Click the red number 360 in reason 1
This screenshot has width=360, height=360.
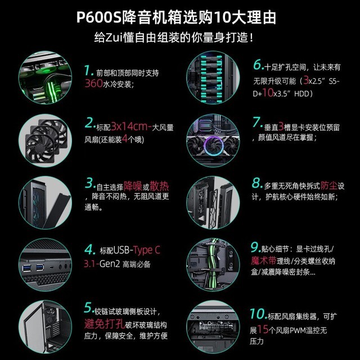click(92, 84)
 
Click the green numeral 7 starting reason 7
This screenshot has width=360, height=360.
click(257, 122)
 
